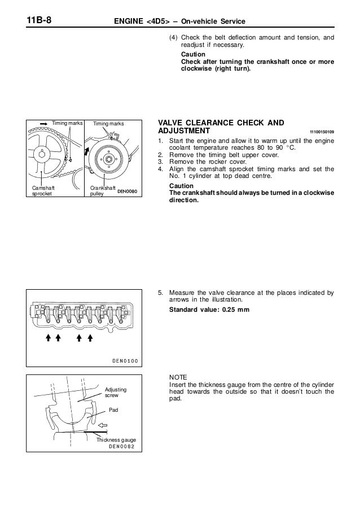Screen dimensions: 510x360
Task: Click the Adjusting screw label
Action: (116, 394)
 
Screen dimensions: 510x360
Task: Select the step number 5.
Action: (161, 293)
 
